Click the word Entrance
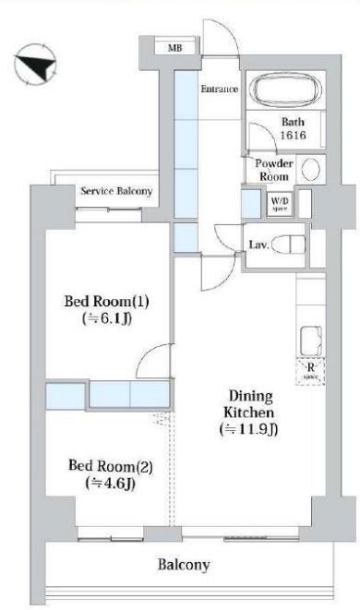(x=220, y=90)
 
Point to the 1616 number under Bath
(x=294, y=137)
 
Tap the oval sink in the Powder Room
(x=312, y=169)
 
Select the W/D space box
(x=278, y=203)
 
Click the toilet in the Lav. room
(x=290, y=245)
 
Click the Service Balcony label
(x=116, y=192)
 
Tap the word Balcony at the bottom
(x=183, y=565)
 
